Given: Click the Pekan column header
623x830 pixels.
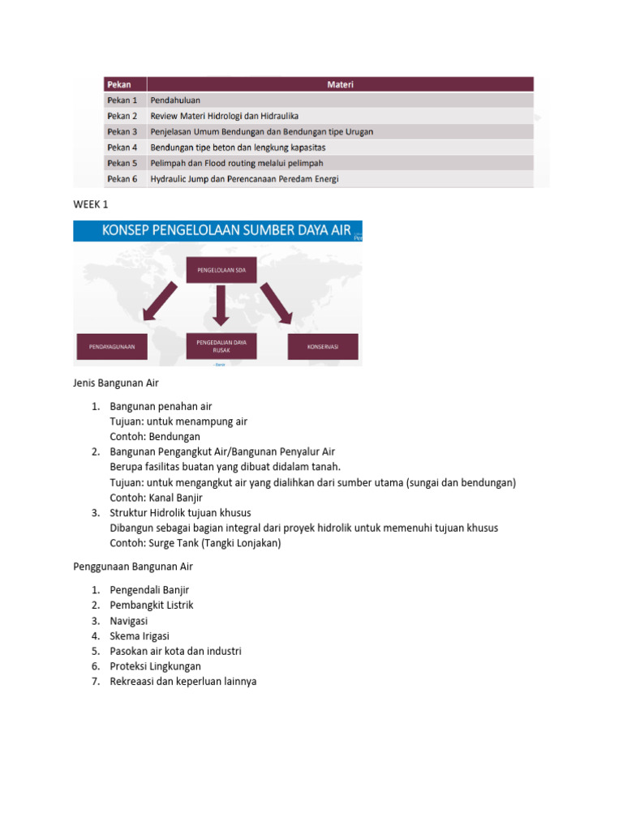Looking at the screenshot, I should click(120, 84).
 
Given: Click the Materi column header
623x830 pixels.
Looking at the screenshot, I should click(340, 84).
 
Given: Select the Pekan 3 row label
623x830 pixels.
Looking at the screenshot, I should click(122, 131).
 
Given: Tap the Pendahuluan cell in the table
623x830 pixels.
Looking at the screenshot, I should click(175, 101).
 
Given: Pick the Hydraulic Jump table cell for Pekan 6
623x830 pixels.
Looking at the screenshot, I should click(244, 178).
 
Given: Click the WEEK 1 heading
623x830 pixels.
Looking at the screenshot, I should click(90, 205).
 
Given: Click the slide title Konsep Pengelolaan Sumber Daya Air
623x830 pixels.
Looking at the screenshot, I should click(226, 231).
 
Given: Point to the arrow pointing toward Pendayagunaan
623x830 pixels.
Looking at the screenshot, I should click(161, 302).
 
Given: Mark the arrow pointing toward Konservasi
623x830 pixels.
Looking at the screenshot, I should click(276, 302).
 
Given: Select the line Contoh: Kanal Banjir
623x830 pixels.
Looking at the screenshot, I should click(155, 498).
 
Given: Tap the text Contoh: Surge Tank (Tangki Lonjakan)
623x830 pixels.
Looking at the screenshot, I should click(195, 543).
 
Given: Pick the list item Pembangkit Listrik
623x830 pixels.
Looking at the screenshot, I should click(152, 605).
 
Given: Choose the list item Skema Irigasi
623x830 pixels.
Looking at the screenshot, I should click(140, 635).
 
